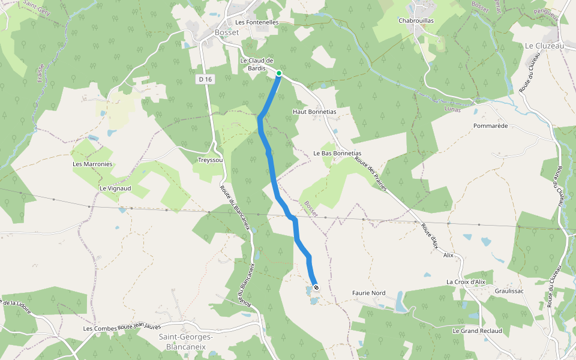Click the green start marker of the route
(x=279, y=73)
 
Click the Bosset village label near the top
(x=227, y=32)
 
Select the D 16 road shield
(x=205, y=79)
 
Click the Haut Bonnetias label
(x=314, y=112)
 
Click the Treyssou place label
(x=211, y=160)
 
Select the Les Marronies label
(x=92, y=164)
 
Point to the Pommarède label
(x=490, y=126)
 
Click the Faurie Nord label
(x=368, y=293)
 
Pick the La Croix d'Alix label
(x=465, y=281)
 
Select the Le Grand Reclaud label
(x=477, y=331)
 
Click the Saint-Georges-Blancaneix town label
(x=186, y=341)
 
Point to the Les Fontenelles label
(x=257, y=22)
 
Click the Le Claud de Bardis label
(x=257, y=64)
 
